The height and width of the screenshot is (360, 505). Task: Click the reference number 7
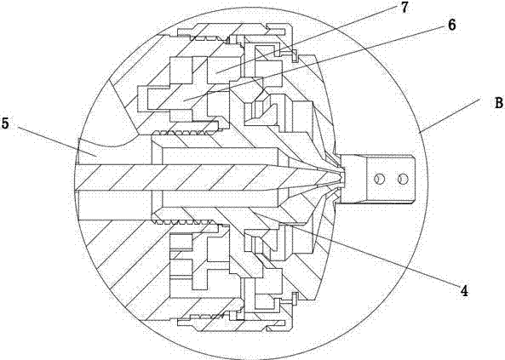coord(405,8)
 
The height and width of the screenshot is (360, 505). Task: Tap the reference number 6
coord(452,26)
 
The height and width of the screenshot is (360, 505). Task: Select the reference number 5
coord(5,123)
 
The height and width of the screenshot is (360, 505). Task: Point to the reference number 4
coord(464,291)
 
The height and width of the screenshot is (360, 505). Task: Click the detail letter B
coord(498,103)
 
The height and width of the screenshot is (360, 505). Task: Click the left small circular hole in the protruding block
coord(379,179)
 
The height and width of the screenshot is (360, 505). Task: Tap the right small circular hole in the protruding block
coord(403,179)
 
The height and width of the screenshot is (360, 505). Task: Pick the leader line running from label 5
coord(57,141)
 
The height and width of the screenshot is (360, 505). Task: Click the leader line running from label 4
coord(357,249)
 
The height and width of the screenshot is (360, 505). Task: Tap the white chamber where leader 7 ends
coord(223,70)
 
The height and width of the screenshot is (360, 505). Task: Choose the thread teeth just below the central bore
coord(184,221)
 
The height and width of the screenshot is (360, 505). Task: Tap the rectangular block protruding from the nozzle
coord(377,179)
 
